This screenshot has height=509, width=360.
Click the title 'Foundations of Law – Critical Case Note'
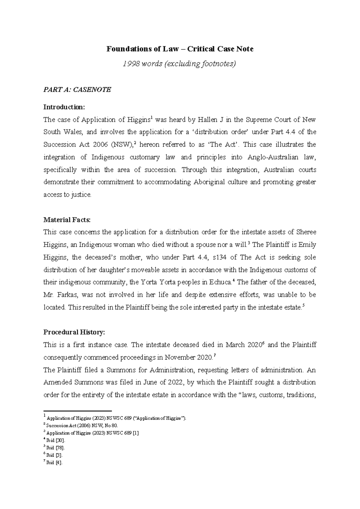(x=180, y=49)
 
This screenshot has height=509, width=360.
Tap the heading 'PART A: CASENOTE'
(x=77, y=89)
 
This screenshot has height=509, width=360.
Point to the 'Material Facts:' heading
(x=67, y=220)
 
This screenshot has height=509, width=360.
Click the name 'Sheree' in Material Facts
(x=306, y=232)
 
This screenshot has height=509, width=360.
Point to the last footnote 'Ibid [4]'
(x=55, y=463)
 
